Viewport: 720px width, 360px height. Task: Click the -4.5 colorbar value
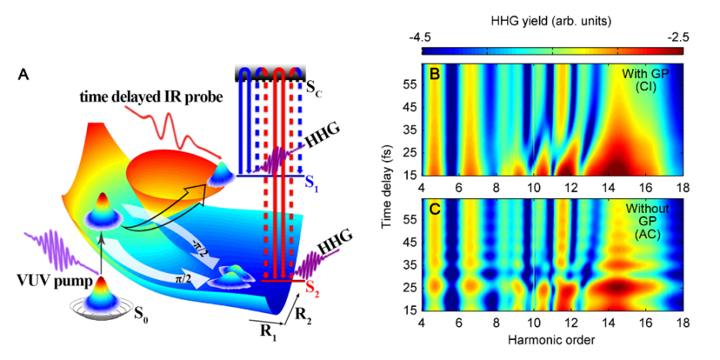(432, 36)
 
